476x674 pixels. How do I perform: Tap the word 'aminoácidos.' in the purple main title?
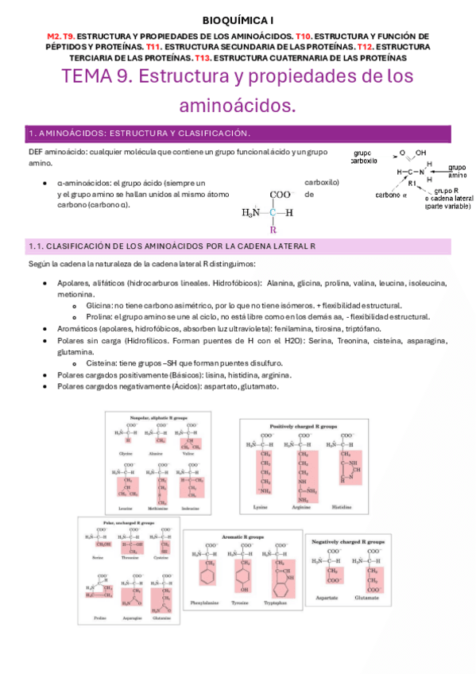[x=238, y=105]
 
